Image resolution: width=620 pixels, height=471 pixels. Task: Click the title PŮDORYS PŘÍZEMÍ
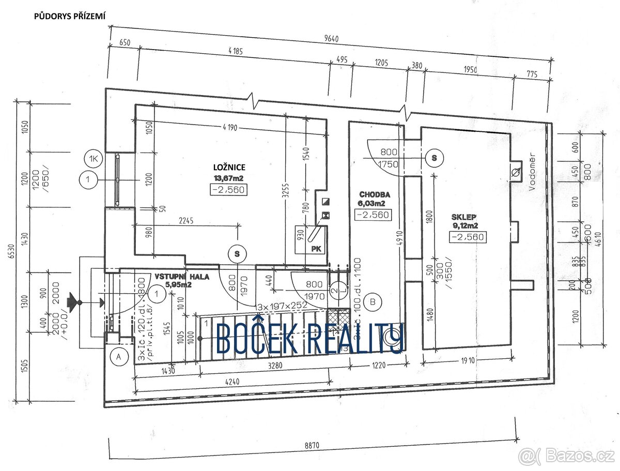click(70, 16)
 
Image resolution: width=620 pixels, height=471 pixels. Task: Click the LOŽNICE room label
click(229, 167)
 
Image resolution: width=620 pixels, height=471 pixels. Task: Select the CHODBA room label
click(375, 195)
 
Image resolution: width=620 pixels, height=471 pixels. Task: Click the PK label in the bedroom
click(316, 249)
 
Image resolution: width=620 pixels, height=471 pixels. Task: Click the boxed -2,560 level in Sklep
click(468, 237)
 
